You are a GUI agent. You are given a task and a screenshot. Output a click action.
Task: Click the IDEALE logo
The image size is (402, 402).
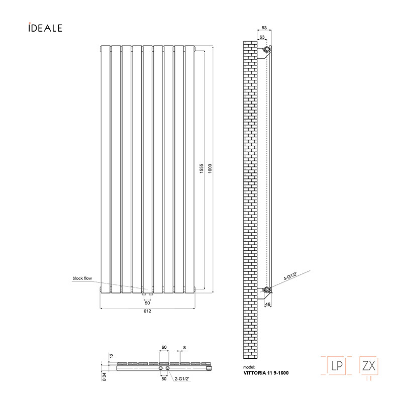[45, 28]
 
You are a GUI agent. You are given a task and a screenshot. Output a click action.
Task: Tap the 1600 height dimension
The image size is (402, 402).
[210, 168]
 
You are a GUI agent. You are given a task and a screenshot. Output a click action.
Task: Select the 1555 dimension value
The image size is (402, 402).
[202, 168]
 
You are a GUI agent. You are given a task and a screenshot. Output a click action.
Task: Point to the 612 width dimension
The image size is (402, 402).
[147, 311]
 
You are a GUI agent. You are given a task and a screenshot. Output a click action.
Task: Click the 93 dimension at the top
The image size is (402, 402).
[264, 28]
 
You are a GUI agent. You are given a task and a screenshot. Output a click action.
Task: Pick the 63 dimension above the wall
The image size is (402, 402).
[262, 37]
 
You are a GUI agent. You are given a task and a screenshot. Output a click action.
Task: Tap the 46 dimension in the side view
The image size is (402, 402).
[268, 305]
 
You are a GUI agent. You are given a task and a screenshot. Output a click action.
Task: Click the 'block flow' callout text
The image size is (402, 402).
[82, 278]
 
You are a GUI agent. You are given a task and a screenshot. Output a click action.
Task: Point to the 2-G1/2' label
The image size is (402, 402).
[182, 379]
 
